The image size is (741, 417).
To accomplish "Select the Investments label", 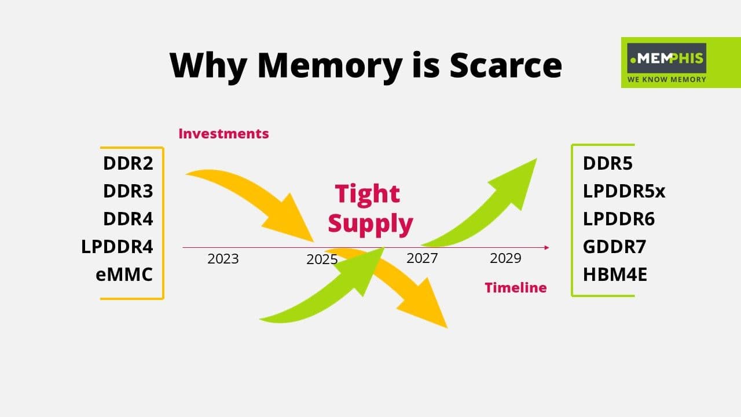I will [x=223, y=134].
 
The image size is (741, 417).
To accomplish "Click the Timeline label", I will [x=515, y=287].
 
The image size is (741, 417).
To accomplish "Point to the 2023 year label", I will [x=223, y=259].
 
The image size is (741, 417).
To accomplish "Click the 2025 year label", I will [x=322, y=260].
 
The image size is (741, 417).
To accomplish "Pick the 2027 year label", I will [x=422, y=258].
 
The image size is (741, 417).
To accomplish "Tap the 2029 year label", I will [x=505, y=258].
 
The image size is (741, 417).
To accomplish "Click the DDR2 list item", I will [x=128, y=163].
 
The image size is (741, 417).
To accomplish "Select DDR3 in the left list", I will [x=128, y=191].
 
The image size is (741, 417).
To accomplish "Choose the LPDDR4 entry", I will [x=117, y=247].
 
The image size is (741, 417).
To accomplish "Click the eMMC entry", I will [x=124, y=274].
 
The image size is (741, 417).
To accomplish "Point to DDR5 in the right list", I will [x=608, y=163].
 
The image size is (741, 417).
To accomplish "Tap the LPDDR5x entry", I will [x=624, y=191].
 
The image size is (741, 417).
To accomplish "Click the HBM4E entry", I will [x=615, y=274].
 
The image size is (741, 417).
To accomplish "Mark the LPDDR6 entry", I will [x=619, y=219].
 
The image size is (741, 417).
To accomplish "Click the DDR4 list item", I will [x=128, y=219].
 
